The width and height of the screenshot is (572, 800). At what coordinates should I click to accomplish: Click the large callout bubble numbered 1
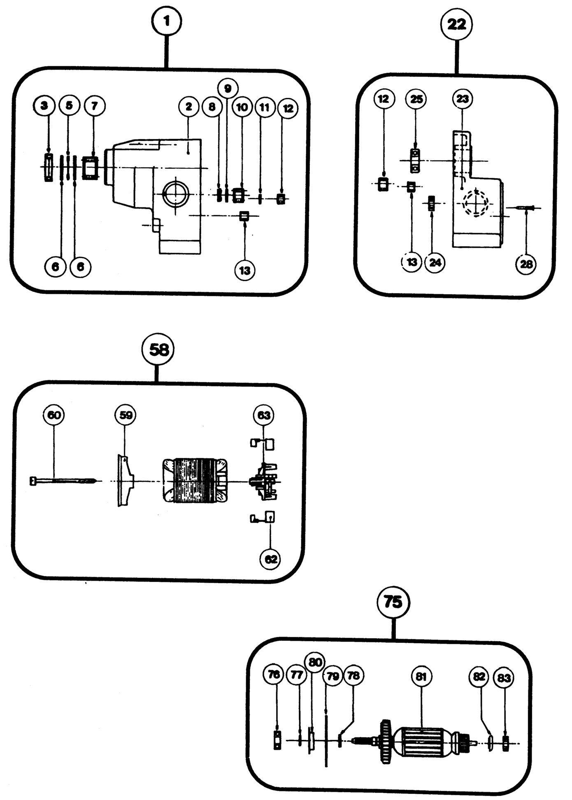(167, 21)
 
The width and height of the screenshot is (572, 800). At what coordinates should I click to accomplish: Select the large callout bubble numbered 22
(456, 25)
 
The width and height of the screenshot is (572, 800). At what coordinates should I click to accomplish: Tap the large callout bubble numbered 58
(158, 349)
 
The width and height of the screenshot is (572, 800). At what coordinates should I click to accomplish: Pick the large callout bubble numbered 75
(393, 602)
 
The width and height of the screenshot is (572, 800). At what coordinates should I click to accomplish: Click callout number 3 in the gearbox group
(44, 106)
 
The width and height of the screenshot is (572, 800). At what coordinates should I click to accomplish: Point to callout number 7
(94, 106)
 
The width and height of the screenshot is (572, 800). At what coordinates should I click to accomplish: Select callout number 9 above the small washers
(228, 88)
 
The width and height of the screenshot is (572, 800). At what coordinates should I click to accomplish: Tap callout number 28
(526, 264)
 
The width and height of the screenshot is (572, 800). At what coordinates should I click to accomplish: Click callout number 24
(435, 262)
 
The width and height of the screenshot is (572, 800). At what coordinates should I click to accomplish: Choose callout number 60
(54, 415)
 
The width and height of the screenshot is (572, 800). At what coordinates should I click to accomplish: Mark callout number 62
(270, 559)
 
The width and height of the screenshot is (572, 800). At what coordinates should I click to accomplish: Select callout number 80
(314, 662)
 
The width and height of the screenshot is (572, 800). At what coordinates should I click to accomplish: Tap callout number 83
(504, 677)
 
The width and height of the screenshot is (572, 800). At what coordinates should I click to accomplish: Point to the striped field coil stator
(195, 480)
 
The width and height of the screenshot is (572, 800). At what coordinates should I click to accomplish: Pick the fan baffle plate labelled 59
(124, 480)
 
